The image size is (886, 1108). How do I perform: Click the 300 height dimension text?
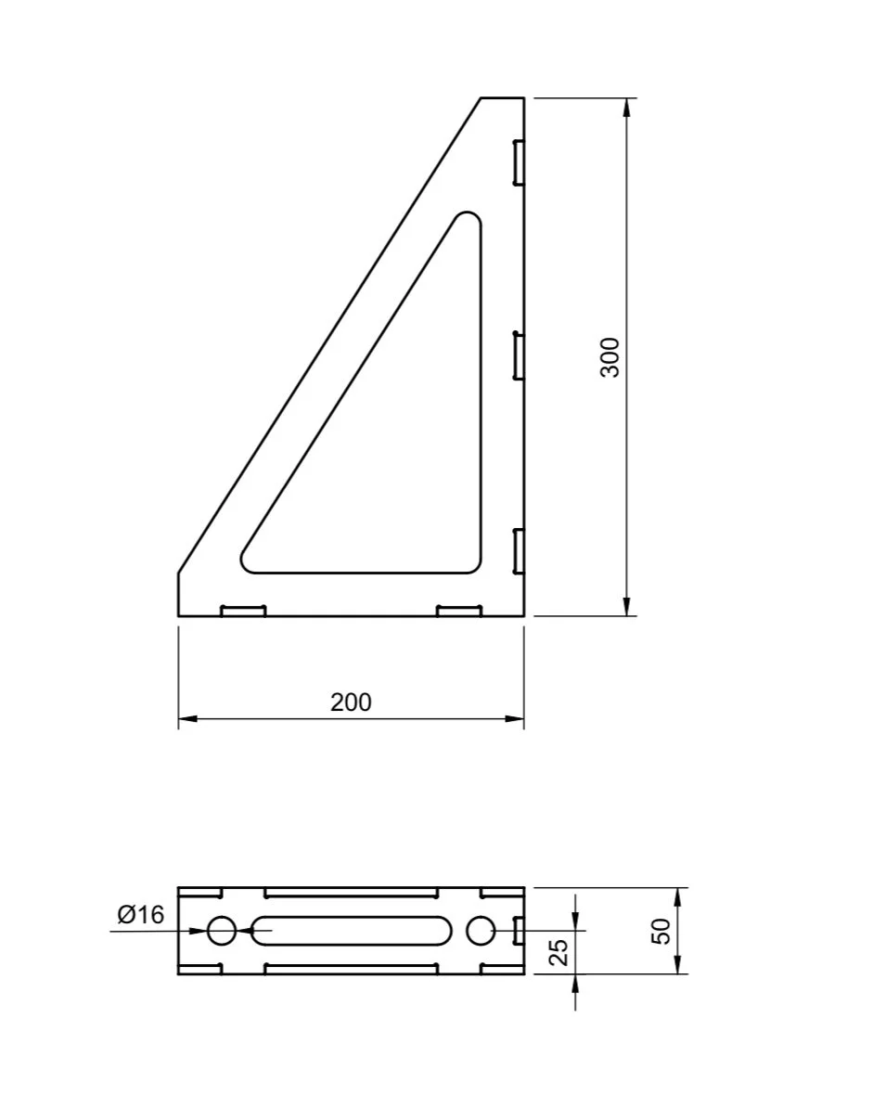pyautogui.click(x=610, y=356)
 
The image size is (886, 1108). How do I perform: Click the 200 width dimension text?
pyautogui.click(x=351, y=702)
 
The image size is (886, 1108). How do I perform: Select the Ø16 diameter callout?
pyautogui.click(x=141, y=915)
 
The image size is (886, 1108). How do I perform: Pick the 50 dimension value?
pyautogui.click(x=661, y=931)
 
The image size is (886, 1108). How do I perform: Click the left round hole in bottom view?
pyautogui.click(x=221, y=930)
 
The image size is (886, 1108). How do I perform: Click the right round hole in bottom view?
pyautogui.click(x=480, y=930)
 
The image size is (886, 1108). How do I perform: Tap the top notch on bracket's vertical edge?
pyautogui.click(x=519, y=162)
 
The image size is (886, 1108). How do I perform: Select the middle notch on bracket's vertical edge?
pyautogui.click(x=519, y=356)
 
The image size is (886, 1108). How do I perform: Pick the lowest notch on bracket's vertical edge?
pyautogui.click(x=519, y=550)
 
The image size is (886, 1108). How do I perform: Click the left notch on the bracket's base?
pyautogui.click(x=243, y=610)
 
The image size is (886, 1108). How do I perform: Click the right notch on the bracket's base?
pyautogui.click(x=459, y=610)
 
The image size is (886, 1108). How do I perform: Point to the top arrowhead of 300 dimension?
pyautogui.click(x=627, y=106)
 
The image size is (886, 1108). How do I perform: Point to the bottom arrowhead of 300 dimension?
pyautogui.click(x=627, y=607)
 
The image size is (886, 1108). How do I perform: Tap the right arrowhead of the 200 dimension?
pyautogui.click(x=515, y=718)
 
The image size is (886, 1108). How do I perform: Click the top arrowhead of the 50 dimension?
pyautogui.click(x=679, y=896)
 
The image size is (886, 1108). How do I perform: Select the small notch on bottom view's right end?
pyautogui.click(x=519, y=930)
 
